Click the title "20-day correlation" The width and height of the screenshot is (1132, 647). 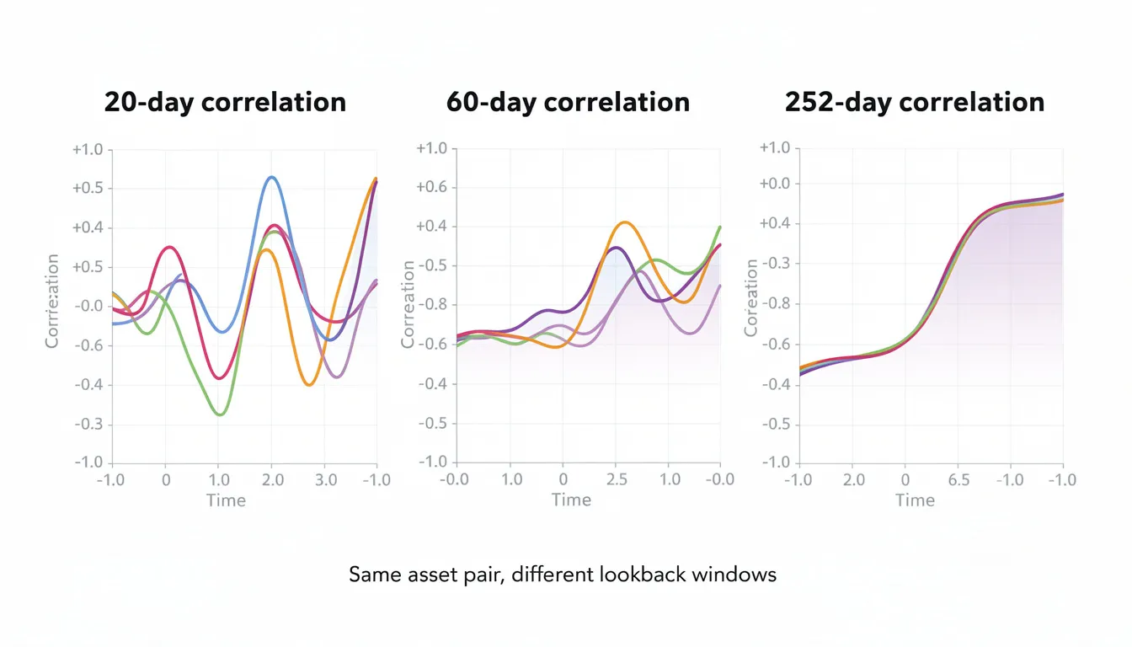225,102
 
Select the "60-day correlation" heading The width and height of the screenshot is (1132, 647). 568,102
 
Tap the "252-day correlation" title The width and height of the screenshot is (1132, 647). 914,102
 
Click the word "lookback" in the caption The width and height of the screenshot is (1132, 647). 641,575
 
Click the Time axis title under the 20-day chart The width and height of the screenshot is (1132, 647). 226,500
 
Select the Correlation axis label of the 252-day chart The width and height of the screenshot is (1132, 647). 751,298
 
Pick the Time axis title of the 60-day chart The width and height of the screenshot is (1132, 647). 571,500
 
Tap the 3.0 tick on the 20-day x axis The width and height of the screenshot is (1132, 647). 325,479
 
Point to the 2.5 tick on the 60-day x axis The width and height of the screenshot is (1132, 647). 617,479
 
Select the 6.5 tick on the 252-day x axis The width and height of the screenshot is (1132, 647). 958,479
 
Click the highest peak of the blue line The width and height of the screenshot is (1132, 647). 270,177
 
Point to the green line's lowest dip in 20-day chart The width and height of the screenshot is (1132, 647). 220,414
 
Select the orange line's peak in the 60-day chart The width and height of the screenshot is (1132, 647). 623,222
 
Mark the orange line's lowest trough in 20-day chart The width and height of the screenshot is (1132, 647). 309,385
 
